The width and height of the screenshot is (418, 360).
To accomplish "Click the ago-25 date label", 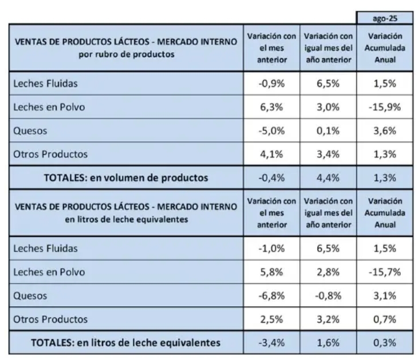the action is coord(385,18).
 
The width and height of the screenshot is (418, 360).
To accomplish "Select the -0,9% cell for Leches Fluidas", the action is coord(271,84).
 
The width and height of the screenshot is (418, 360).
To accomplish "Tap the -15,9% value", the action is coord(385,107).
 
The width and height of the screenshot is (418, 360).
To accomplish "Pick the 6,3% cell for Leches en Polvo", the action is coord(271,107).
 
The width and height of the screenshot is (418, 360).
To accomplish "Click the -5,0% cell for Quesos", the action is coord(271,131).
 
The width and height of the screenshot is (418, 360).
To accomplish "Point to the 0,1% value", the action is coord(328,131).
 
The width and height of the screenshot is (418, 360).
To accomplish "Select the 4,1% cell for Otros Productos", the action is coord(271,155).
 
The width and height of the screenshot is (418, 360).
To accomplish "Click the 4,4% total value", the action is coord(328,178).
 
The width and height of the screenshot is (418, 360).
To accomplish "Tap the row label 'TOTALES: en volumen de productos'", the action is coord(126,178).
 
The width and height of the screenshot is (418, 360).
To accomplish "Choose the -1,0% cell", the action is coord(271,248).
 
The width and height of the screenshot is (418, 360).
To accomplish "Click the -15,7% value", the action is coord(385,272).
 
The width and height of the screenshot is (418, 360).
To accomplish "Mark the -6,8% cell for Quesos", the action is coord(271,296).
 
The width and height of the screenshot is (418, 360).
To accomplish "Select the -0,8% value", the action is coord(328,296).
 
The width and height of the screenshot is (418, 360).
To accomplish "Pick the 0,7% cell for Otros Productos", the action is coord(385,319).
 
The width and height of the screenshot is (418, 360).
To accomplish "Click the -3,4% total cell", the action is coord(271,343).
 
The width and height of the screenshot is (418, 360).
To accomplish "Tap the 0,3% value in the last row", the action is coord(385,343).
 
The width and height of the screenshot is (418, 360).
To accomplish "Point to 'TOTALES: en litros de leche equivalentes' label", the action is coord(126,343).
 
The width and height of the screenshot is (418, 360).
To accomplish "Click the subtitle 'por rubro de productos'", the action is coord(127,54).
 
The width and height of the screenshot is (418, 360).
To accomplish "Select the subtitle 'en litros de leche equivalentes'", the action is coord(127,219).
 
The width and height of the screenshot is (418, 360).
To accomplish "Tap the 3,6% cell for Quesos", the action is coord(385,131).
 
